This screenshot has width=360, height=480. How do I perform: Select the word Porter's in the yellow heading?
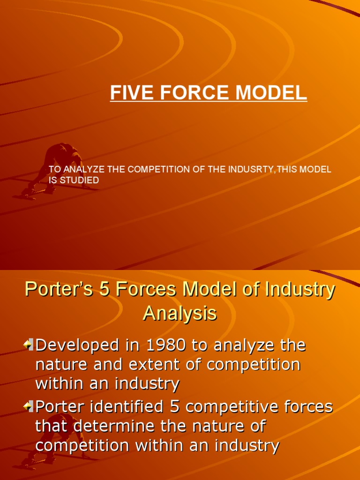[x=54, y=290]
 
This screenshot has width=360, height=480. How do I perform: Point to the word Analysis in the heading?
[x=180, y=313]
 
